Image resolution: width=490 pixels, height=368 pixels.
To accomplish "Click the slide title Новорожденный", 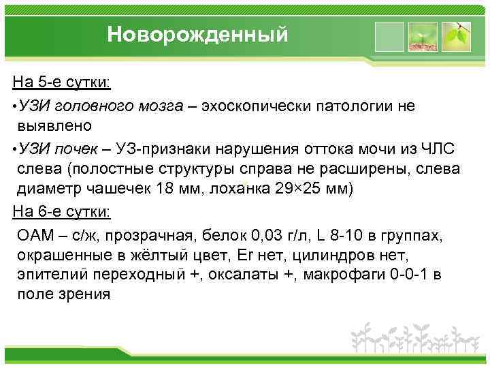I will click(197, 35).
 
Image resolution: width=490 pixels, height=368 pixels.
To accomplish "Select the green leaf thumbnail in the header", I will click(455, 35).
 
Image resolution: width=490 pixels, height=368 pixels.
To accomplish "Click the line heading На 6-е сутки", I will click(63, 211).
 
